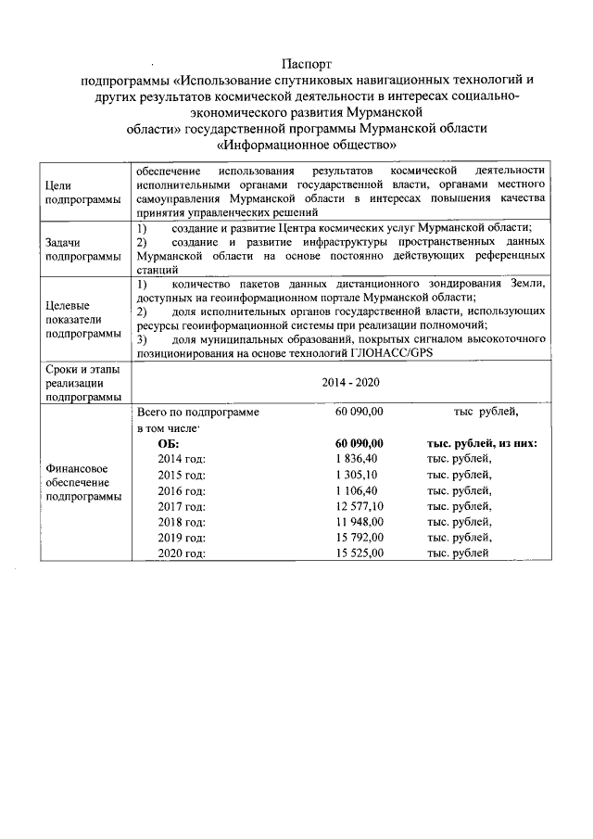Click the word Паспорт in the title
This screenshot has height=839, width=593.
306,66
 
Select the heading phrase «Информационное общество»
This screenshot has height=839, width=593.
306,145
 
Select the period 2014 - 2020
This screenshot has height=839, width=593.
350,382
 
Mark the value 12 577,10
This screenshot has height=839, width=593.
360,506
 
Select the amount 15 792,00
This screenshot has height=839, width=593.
360,538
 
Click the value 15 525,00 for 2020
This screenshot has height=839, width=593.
360,553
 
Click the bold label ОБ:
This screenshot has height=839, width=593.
169,443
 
